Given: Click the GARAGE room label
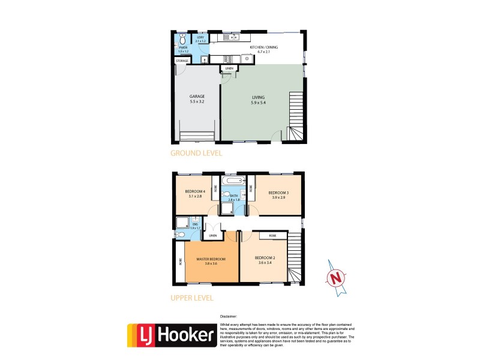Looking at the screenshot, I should coord(197,96).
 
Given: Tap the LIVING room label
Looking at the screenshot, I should coord(258,97).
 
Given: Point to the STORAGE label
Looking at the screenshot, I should coord(182,61).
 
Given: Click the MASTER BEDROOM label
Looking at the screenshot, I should coord(211,259).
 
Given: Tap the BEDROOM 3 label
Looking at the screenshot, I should coord(278,193).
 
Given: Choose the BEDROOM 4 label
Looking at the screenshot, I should coord(195,193).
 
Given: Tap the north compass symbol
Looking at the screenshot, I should coord(337,278).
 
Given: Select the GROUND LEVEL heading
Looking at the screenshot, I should coord(196,153).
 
